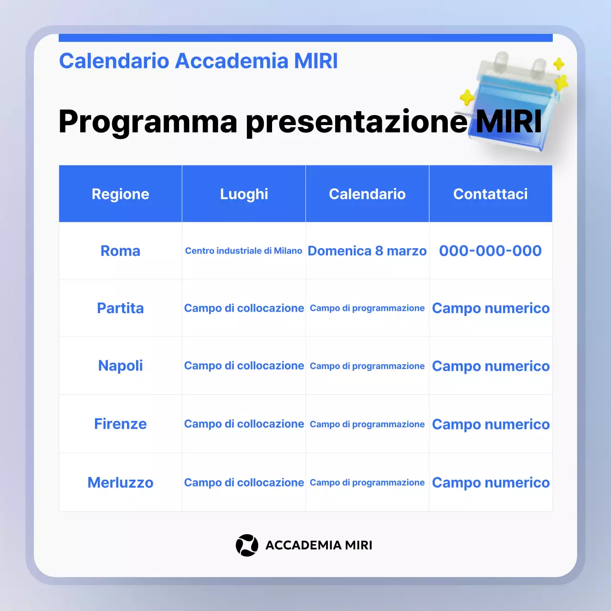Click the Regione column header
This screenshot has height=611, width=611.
pyautogui.click(x=120, y=194)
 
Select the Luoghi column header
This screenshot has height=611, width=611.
pyautogui.click(x=244, y=194)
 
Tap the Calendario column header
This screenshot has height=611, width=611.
pyautogui.click(x=367, y=194)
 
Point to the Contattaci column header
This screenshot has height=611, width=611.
pyautogui.click(x=490, y=194)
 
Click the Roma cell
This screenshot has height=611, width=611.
pyautogui.click(x=120, y=251)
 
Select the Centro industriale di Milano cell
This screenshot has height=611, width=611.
pyautogui.click(x=243, y=251)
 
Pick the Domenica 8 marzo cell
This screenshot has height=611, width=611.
pyautogui.click(x=367, y=251)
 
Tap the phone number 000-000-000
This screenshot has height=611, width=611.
pyautogui.click(x=490, y=251)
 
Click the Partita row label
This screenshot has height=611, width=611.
pyautogui.click(x=120, y=308)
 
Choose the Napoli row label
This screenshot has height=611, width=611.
pyautogui.click(x=120, y=366)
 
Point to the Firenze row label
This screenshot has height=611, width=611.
pyautogui.click(x=120, y=424)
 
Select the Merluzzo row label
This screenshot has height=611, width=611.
pyautogui.click(x=120, y=483)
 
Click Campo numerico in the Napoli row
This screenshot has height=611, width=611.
pyautogui.click(x=491, y=366)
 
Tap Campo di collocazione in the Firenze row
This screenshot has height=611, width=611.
pyautogui.click(x=244, y=424)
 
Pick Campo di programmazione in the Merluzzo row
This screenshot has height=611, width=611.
pyautogui.click(x=367, y=483)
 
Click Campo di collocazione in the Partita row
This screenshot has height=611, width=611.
pyautogui.click(x=244, y=308)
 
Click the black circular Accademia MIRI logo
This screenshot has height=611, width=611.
pyautogui.click(x=247, y=545)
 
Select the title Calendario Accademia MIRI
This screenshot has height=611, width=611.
pyautogui.click(x=198, y=61)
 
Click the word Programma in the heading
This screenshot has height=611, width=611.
pyautogui.click(x=148, y=121)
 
